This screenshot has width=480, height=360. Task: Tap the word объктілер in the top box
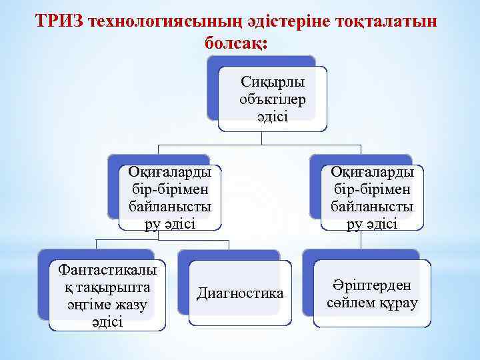point(273,99)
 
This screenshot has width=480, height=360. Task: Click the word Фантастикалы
point(108,270)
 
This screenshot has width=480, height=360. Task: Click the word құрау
point(399,303)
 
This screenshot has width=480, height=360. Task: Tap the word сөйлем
point(351,303)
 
